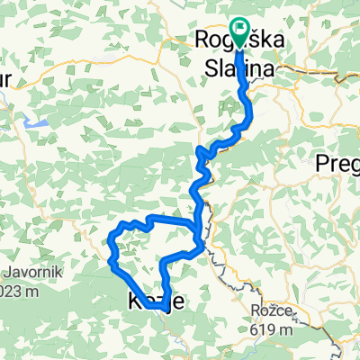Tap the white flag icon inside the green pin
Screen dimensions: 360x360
click(x=239, y=28)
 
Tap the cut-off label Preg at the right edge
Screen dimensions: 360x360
click(x=338, y=164)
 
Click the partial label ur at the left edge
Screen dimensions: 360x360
click(x=5, y=80)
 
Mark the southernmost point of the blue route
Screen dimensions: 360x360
click(x=163, y=308)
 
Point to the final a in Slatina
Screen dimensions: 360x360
click(x=271, y=65)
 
